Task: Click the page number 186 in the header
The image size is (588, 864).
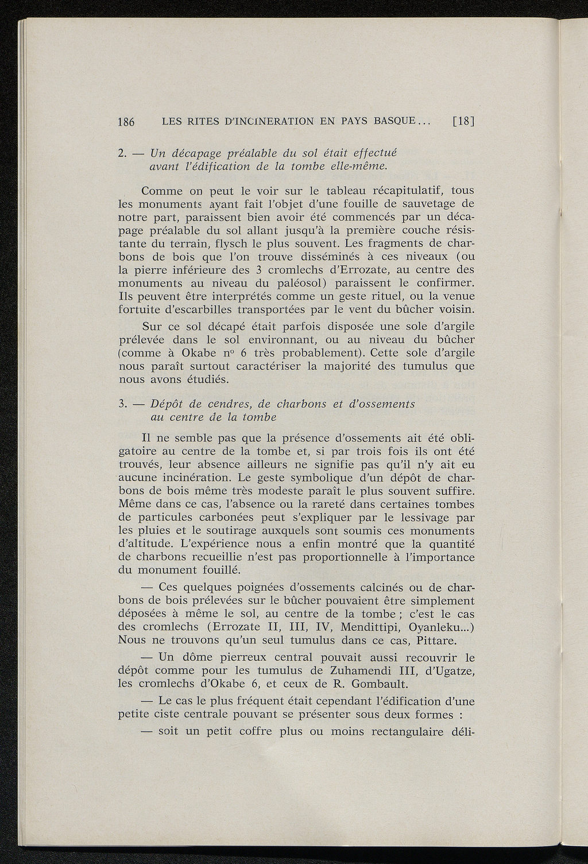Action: (126, 122)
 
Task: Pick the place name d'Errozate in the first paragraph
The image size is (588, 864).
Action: (377, 270)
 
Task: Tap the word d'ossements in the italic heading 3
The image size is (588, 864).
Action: (384, 404)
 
